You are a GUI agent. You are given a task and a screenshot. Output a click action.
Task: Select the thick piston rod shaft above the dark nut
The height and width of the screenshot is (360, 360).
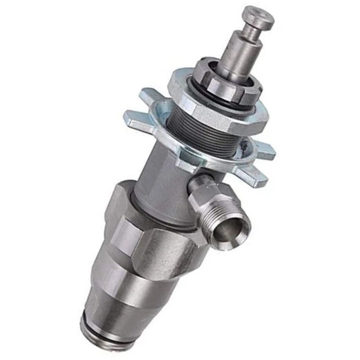click(241, 56)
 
